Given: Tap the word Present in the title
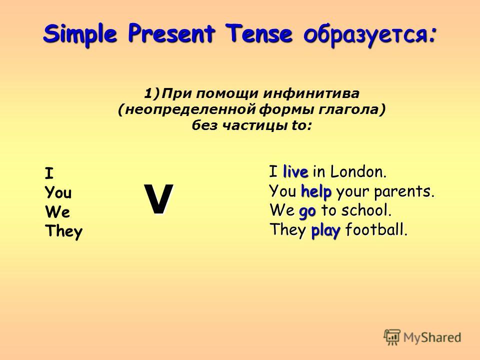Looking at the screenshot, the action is tap(171, 33).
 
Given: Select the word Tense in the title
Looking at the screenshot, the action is tap(258, 33).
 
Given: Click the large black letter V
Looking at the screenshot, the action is tap(159, 199).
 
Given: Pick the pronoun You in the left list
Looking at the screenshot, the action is tap(58, 192).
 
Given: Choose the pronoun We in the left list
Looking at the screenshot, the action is tap(57, 211).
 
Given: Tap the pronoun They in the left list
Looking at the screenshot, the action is tap(63, 231).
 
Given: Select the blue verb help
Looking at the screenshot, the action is tap(316, 191).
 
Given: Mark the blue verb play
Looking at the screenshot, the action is tap(325, 231).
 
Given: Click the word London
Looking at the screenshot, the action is tap(358, 171).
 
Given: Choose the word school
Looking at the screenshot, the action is tap(366, 210).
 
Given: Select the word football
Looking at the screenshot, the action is tap(376, 229).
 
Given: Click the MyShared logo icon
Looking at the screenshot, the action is tap(392, 337).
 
